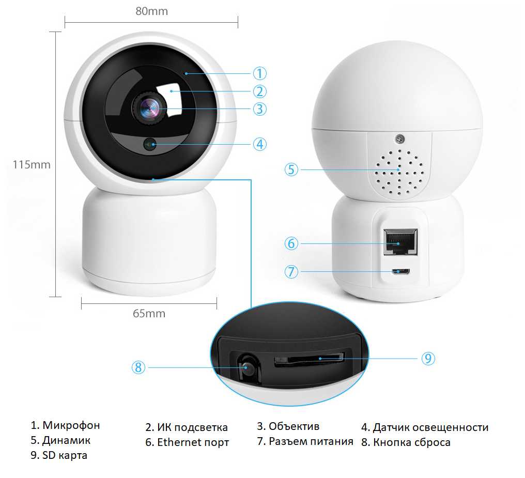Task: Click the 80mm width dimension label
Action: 152,11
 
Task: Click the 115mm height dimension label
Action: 32,165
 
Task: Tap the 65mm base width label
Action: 149,313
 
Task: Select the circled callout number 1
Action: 259,73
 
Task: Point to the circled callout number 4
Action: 259,144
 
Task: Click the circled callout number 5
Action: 291,169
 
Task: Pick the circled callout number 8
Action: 138,367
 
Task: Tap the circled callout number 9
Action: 428,359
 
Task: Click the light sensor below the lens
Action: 150,144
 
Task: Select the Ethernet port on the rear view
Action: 400,242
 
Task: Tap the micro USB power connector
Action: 401,271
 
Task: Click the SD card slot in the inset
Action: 310,359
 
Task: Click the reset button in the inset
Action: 247,367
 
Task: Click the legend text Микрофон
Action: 71,425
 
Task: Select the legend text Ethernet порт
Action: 193,442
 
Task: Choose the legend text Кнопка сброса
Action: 412,442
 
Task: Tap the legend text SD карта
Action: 65,455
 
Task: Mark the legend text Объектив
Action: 294,426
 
